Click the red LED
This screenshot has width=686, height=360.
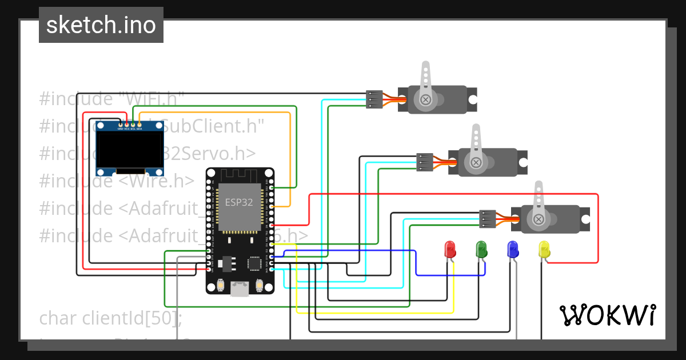pos(450,249)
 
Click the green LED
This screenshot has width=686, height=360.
pos(481,249)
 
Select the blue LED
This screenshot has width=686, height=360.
pos(513,249)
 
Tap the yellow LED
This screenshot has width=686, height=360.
pos(544,249)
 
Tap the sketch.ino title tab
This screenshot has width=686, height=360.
pos(101,25)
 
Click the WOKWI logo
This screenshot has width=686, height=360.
pos(608,315)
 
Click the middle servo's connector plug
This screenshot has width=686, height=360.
pos(424,162)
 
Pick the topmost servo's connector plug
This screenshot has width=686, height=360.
pos(373,99)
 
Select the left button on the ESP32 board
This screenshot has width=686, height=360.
pos(221,285)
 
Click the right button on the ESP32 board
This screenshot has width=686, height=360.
pos(260,285)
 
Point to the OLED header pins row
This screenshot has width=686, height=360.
pos(130,124)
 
